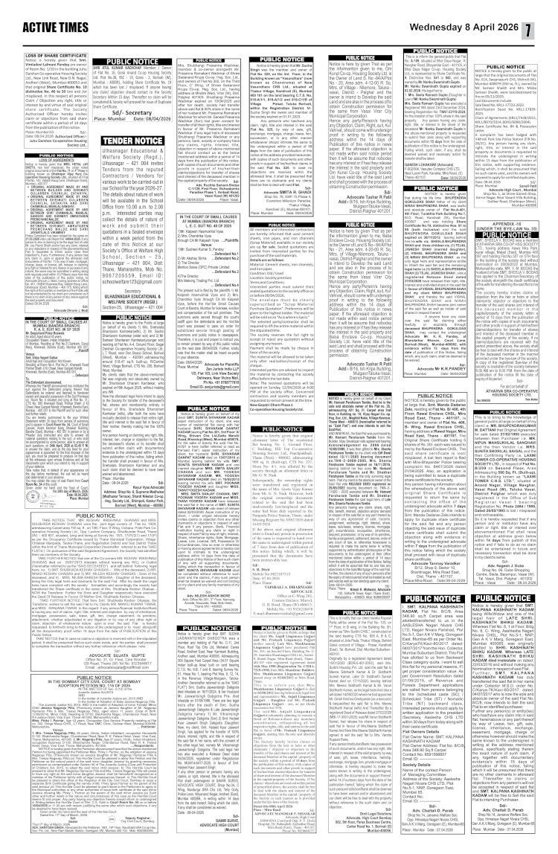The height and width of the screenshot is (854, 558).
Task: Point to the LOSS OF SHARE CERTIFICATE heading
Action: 48,57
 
